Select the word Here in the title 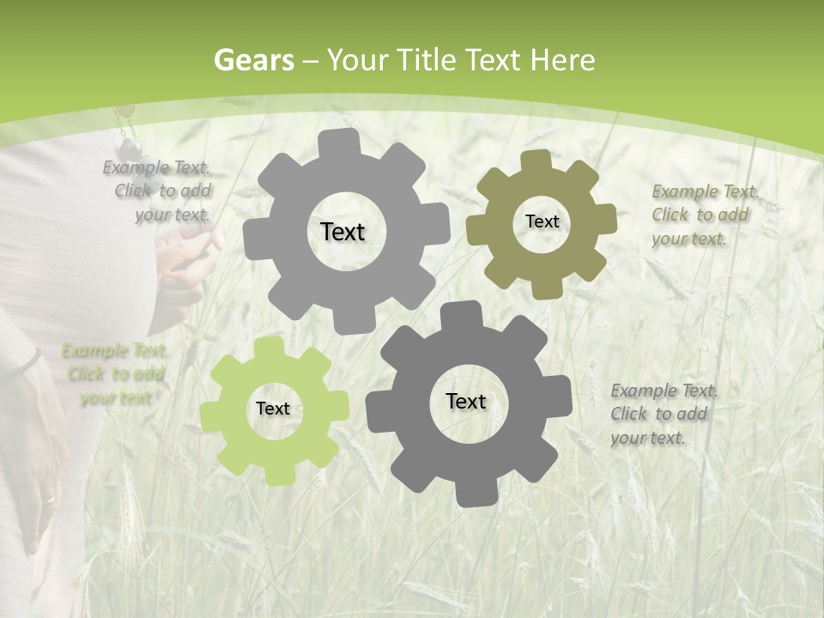[x=562, y=60]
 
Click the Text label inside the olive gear [x=542, y=221]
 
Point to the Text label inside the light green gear [x=273, y=409]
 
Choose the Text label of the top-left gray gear [x=342, y=232]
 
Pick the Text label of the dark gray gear [x=466, y=401]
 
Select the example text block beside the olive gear [x=704, y=215]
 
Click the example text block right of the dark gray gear [x=663, y=414]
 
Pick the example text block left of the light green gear [x=115, y=374]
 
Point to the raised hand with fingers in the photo [x=185, y=257]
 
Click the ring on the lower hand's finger [x=48, y=500]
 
